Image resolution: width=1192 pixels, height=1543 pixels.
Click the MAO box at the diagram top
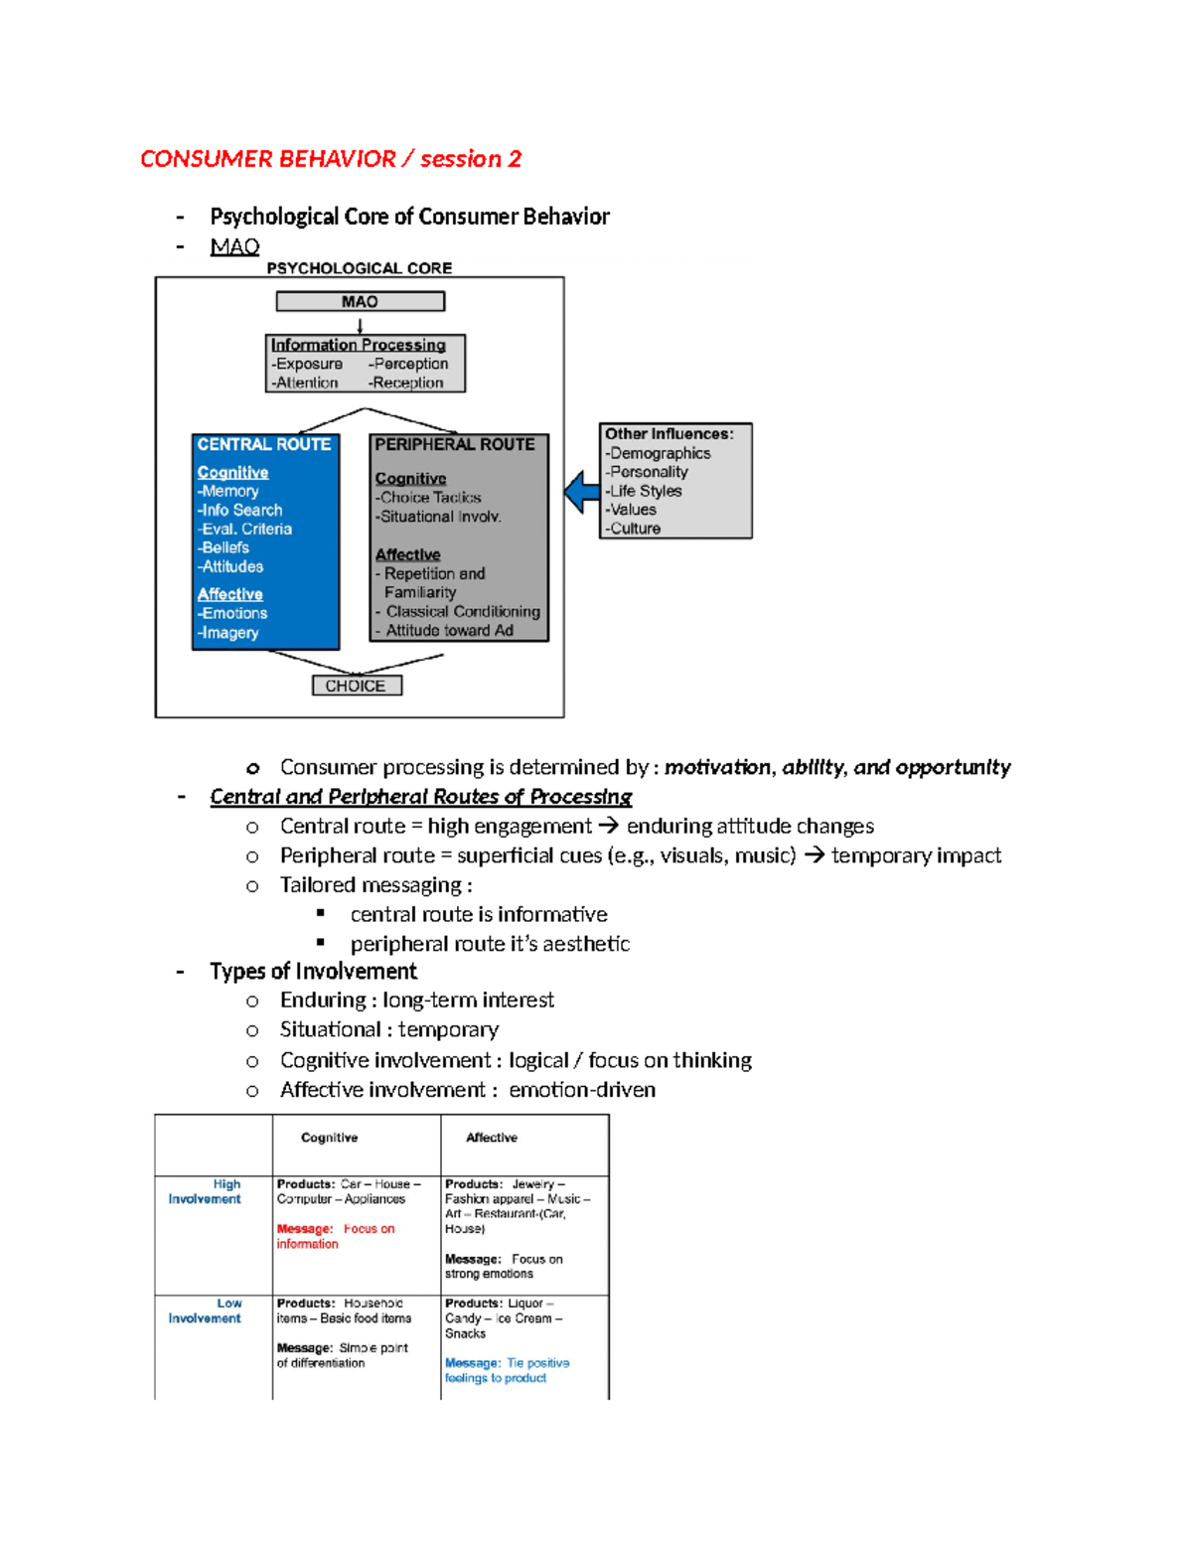[x=360, y=301]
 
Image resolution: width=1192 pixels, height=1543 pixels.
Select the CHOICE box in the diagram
[x=356, y=686]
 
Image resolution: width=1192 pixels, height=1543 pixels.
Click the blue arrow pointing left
[x=581, y=492]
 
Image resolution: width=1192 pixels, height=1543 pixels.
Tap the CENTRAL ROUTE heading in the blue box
[x=263, y=444]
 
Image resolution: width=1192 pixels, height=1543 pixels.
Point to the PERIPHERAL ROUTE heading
[x=454, y=444]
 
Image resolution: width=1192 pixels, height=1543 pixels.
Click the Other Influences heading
[x=669, y=433]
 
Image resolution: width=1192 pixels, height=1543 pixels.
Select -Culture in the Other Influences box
[x=635, y=529]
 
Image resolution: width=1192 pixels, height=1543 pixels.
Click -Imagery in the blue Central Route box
[x=228, y=633]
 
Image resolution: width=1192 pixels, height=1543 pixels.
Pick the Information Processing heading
[x=359, y=345]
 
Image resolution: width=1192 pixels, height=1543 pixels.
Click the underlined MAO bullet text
[x=234, y=246]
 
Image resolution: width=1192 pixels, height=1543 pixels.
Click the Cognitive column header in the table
[x=329, y=1138]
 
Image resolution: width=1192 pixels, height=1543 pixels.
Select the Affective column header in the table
[x=492, y=1138]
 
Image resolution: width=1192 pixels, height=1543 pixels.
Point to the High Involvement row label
[x=205, y=1191]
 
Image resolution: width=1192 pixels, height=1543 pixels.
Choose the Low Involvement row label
[x=205, y=1311]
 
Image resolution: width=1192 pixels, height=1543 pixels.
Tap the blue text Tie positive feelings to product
[x=507, y=1370]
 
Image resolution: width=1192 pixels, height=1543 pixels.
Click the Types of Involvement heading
[x=313, y=971]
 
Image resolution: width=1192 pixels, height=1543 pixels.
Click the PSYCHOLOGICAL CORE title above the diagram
[x=359, y=268]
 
